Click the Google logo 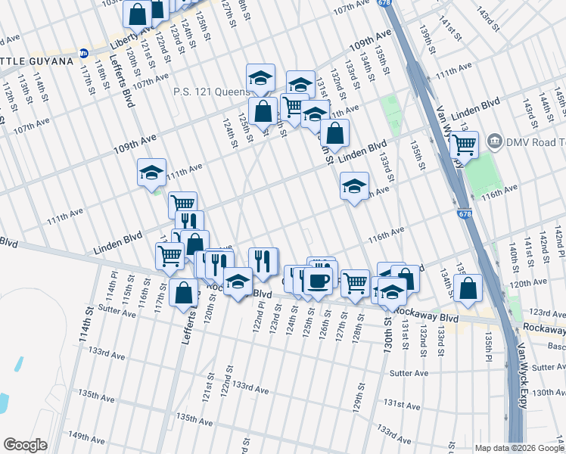[x=26, y=445]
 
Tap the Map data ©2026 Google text [x=518, y=448]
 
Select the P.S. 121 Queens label [x=211, y=92]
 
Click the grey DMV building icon [x=495, y=140]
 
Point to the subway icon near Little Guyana [x=84, y=54]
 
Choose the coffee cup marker [x=317, y=280]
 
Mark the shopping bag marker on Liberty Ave [x=138, y=13]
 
